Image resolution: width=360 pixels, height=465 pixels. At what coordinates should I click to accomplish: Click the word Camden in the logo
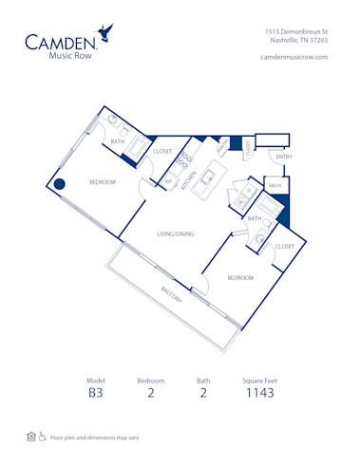tap(59, 42)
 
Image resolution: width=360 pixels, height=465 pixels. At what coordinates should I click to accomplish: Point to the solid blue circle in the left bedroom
tap(59, 185)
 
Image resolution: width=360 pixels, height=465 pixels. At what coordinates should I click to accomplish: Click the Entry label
tap(284, 157)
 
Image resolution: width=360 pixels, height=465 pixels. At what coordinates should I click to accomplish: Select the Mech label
tap(275, 186)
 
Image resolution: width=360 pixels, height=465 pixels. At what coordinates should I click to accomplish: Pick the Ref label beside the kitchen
tap(168, 180)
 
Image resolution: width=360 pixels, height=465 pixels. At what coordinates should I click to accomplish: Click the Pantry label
tap(220, 148)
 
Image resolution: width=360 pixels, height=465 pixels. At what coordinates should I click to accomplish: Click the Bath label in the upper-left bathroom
tap(118, 142)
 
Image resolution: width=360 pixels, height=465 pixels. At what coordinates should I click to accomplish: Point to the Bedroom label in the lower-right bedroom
tap(239, 277)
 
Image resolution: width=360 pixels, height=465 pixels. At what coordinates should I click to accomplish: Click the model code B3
tap(95, 392)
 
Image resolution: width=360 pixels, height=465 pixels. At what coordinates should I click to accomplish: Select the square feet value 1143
tap(260, 392)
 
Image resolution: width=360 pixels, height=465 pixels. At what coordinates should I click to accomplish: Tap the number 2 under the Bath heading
tap(203, 392)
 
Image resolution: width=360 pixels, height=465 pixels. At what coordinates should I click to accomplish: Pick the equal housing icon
tap(32, 437)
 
